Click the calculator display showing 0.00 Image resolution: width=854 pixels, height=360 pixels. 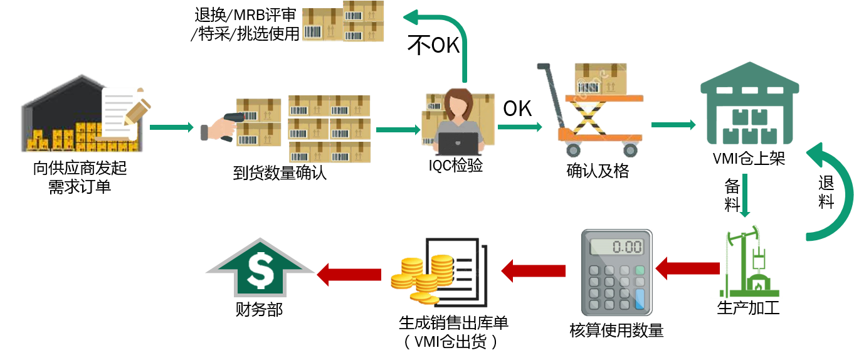(617, 246)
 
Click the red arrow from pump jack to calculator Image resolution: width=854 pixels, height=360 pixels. (688, 268)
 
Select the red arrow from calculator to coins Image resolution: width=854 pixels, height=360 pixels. (533, 271)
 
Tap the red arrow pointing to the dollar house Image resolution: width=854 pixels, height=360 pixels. (349, 274)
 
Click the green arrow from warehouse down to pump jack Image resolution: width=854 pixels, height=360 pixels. (744, 196)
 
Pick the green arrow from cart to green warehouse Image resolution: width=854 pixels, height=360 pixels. (673, 125)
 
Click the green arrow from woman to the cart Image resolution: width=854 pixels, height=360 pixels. (519, 127)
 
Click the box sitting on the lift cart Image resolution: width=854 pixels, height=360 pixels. (600, 78)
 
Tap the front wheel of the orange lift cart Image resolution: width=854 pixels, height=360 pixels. (572, 149)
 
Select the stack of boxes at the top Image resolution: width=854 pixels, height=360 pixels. (343, 22)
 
